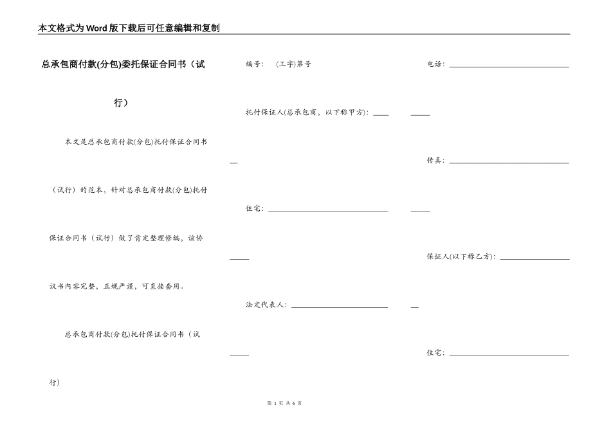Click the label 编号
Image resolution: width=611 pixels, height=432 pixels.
(x=253, y=64)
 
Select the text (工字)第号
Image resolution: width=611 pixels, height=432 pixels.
(x=293, y=64)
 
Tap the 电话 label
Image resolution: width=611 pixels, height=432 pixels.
(x=435, y=64)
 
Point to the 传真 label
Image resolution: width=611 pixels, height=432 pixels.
(x=435, y=160)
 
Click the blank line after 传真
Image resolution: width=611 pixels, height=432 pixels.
(x=509, y=162)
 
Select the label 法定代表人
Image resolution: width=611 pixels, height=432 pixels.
(x=266, y=305)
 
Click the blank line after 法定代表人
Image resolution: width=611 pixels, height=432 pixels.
(x=340, y=307)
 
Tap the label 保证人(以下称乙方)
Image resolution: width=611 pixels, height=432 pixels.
(x=461, y=256)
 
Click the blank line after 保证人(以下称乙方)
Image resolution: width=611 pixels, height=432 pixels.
(x=534, y=258)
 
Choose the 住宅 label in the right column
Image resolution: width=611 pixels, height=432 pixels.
(x=435, y=353)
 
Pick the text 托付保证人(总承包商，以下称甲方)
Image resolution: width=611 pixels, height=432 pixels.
(x=306, y=112)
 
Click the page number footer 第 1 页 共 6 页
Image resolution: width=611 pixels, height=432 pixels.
(x=284, y=403)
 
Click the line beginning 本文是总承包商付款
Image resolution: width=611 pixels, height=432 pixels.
(x=136, y=141)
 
